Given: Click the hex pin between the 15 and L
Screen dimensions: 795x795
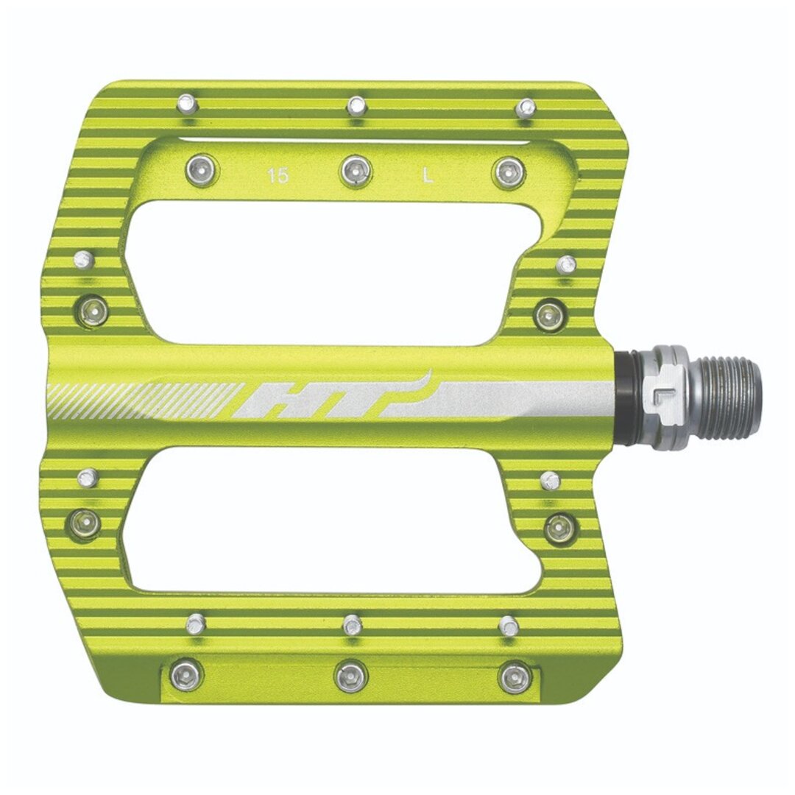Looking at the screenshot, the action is pos(356,170).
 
